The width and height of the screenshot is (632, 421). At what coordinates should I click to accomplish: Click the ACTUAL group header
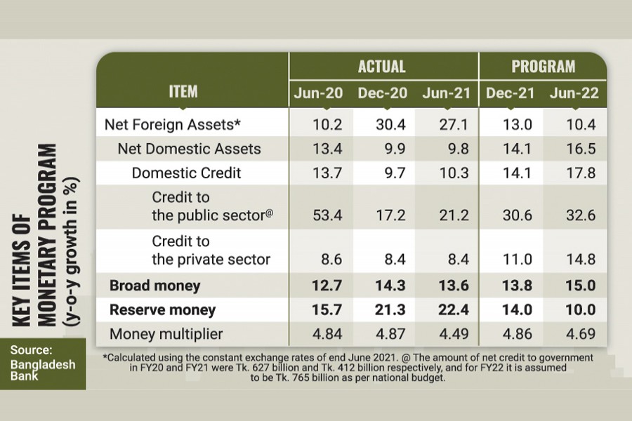pos(382,67)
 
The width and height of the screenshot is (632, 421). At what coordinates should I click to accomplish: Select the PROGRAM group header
pos(543,67)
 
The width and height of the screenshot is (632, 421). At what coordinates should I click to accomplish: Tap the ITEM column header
pos(183,91)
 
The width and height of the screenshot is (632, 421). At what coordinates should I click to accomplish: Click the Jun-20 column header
pos(318,93)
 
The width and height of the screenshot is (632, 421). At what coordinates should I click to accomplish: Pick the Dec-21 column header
pos(511,93)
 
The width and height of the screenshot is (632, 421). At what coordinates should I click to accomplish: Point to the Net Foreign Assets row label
pos(173,124)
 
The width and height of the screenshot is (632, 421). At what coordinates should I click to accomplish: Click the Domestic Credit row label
pos(186,173)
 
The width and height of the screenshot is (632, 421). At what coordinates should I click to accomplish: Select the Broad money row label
pos(154,286)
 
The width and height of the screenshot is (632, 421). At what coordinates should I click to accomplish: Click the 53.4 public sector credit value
pos(317,215)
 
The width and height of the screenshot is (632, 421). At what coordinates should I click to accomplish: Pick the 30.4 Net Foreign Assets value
pos(381,124)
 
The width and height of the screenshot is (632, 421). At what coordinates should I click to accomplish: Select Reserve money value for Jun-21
pos(444,309)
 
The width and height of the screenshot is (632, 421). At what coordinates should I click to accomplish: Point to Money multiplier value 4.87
pos(381,333)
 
